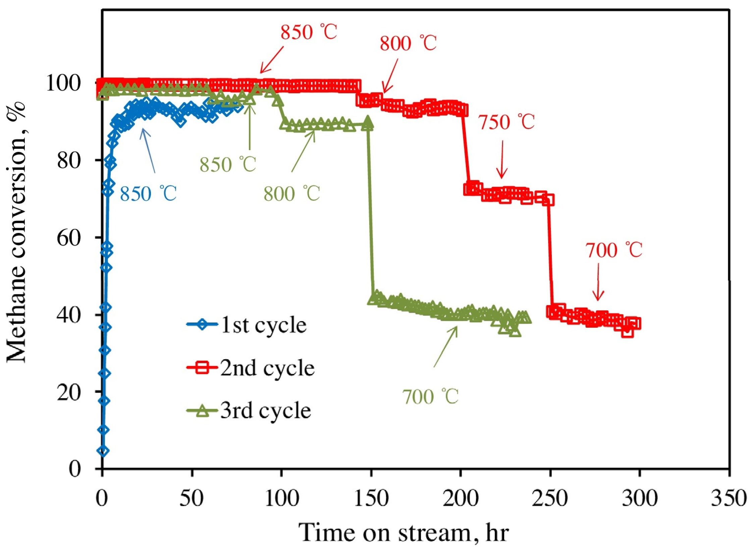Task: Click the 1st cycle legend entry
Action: [247, 325]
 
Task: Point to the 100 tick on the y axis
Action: [64, 83]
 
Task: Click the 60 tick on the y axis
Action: [69, 238]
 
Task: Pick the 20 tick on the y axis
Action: [69, 392]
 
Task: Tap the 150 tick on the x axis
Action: [371, 498]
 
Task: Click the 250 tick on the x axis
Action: [550, 498]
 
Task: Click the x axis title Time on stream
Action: [404, 533]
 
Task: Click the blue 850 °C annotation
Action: [148, 194]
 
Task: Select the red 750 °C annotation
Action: [506, 122]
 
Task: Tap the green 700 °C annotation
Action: [430, 397]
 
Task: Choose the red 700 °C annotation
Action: [614, 250]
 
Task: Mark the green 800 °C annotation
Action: [291, 193]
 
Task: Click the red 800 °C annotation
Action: [408, 43]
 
